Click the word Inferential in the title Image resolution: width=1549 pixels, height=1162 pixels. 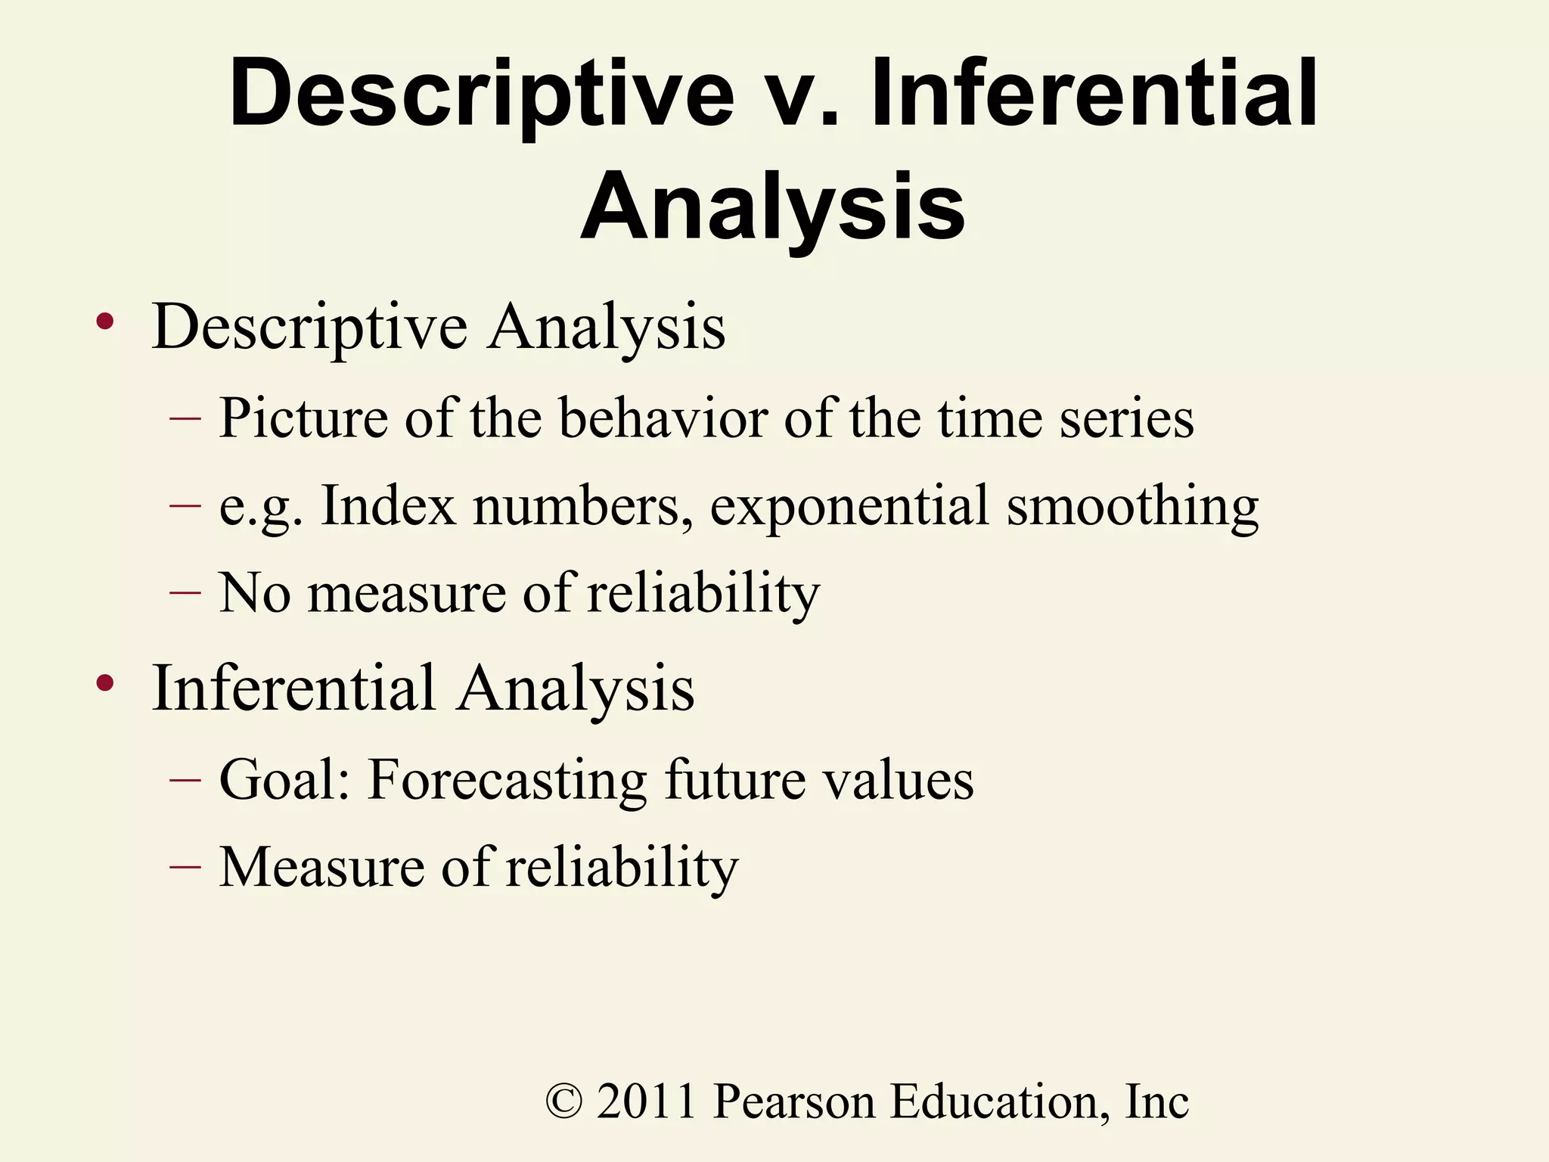point(1094,95)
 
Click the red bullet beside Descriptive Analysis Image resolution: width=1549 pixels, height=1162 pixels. point(104,323)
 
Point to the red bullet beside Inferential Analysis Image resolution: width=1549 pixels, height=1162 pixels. point(104,684)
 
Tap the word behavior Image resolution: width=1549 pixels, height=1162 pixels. point(663,418)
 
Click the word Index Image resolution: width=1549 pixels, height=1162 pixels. point(388,505)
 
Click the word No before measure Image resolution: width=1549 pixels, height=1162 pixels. point(254,592)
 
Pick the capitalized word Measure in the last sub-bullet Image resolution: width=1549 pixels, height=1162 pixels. point(321,866)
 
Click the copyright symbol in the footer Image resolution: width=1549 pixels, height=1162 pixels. point(564,1101)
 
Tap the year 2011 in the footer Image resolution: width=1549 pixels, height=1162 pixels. point(646,1101)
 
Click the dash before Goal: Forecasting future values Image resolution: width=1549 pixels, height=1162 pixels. point(185,779)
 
